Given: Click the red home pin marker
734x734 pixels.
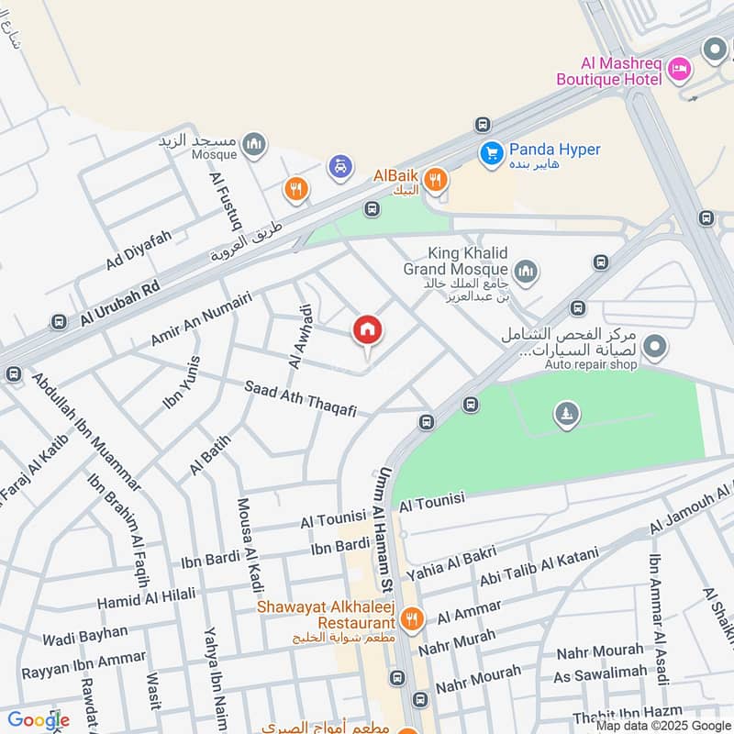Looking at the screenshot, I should (x=368, y=330).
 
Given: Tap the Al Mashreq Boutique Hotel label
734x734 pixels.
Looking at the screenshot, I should (x=621, y=72).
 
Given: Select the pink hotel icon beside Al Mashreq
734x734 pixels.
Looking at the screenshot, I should (x=679, y=68).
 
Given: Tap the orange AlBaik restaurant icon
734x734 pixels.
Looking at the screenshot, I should (x=436, y=179).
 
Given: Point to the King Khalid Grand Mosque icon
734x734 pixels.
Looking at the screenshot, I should (x=526, y=270).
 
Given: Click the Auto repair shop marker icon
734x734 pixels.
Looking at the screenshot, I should (x=655, y=347).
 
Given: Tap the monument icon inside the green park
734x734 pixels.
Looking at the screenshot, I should (x=566, y=415).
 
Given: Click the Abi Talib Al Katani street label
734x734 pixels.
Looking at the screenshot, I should (x=539, y=569).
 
